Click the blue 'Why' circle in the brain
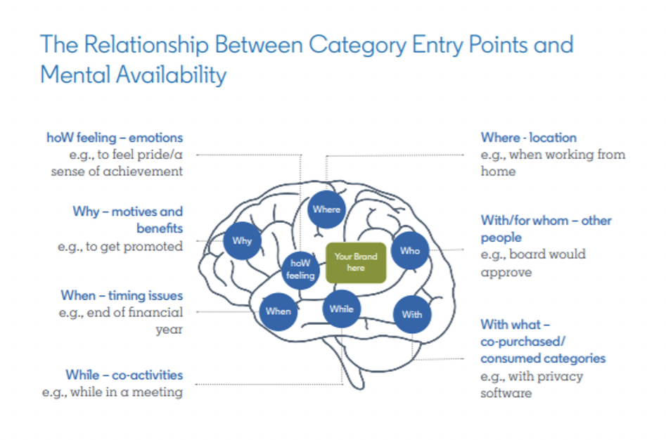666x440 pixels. pyautogui.click(x=242, y=240)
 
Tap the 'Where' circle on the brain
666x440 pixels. pyautogui.click(x=326, y=209)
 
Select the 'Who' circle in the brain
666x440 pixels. pyautogui.click(x=410, y=250)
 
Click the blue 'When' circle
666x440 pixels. pyautogui.click(x=278, y=311)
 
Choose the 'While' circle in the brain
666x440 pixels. pyautogui.click(x=342, y=309)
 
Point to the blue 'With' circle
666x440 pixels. pyautogui.click(x=412, y=314)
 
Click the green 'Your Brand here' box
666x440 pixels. pyautogui.click(x=356, y=263)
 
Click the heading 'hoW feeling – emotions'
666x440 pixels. pyautogui.click(x=115, y=138)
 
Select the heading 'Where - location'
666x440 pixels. pyautogui.click(x=528, y=138)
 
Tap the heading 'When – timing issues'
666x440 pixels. pyautogui.click(x=122, y=295)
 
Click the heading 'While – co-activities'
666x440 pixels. pyautogui.click(x=124, y=375)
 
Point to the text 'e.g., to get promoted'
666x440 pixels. pyautogui.click(x=120, y=247)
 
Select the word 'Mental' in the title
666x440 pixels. pyautogui.click(x=76, y=75)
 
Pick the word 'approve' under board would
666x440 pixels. pyautogui.click(x=506, y=273)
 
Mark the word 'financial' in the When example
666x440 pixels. pyautogui.click(x=156, y=312)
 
